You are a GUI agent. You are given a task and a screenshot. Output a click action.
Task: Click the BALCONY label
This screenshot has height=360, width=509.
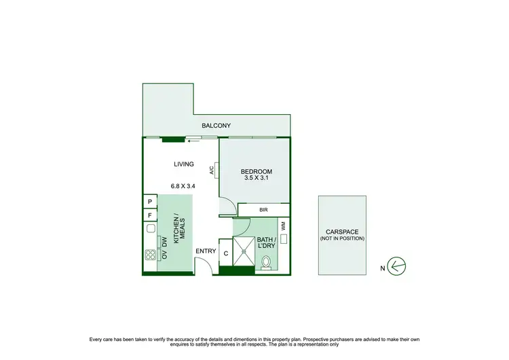[216, 126]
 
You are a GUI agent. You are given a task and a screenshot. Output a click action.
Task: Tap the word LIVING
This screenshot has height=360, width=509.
[183, 164]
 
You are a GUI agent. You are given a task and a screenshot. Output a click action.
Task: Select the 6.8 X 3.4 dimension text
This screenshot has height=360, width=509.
[183, 185]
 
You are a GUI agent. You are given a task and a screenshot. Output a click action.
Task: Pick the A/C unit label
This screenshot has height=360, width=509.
[212, 170]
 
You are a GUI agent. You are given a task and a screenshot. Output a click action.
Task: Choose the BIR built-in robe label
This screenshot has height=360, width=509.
[263, 211]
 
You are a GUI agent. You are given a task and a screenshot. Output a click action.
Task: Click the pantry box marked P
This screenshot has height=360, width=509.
[149, 202]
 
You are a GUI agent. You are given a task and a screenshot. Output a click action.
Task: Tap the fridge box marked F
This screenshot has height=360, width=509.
[149, 216]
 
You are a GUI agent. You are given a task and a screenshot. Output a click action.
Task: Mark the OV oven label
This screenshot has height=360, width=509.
[164, 255]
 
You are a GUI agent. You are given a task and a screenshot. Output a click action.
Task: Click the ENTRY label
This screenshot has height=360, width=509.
[206, 251]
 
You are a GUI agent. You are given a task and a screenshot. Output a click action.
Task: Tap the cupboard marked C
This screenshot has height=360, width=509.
[225, 253]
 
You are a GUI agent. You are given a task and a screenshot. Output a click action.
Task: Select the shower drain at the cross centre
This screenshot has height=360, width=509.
[243, 249]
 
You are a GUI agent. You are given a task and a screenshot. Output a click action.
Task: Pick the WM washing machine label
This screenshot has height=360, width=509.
[283, 224]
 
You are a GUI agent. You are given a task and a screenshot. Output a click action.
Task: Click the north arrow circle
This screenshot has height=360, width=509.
[398, 265]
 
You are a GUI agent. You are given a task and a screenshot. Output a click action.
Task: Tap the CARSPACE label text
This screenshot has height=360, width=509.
[342, 231]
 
